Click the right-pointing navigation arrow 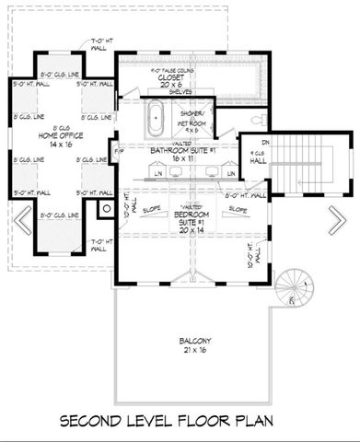coord(337,222)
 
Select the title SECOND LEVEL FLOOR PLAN coord(180,423)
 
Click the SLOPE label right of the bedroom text coord(237,210)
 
